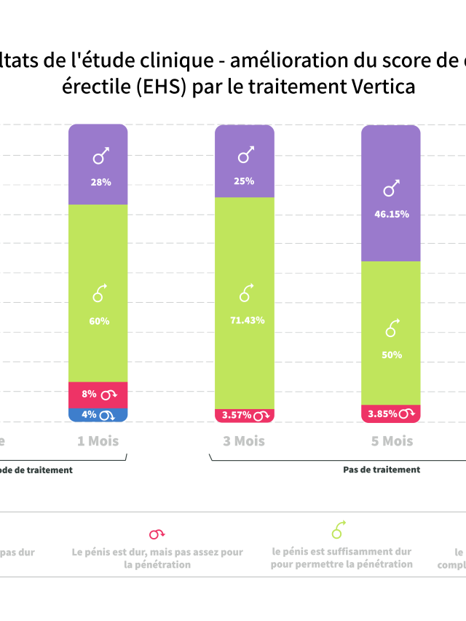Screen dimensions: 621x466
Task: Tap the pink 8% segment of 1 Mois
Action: (98, 395)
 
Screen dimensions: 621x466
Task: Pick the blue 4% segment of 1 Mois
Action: (98, 415)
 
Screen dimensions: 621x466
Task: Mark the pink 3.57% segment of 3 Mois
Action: (245, 415)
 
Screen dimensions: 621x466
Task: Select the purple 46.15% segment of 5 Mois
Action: (391, 194)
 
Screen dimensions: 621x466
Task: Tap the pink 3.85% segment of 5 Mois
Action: (391, 414)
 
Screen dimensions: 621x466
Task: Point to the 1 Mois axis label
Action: (98, 441)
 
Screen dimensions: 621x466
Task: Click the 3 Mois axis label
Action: (245, 441)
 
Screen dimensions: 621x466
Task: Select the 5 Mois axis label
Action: (392, 441)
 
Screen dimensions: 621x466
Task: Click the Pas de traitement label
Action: (382, 470)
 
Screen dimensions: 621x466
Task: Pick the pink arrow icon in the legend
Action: (157, 534)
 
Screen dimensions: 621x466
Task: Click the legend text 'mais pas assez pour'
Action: (197, 553)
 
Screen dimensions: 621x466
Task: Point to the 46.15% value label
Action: (391, 214)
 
